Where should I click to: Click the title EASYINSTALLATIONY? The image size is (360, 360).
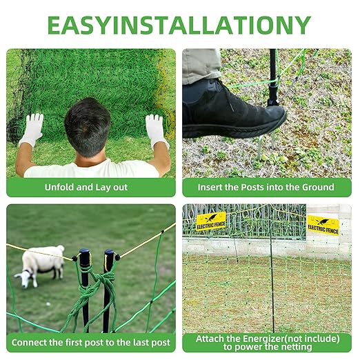179,25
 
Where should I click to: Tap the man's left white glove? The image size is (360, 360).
30,129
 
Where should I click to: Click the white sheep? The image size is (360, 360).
39,264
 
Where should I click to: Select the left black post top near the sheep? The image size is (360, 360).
84,258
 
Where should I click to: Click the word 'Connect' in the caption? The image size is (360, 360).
34,343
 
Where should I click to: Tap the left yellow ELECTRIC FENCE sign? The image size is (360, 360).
210,222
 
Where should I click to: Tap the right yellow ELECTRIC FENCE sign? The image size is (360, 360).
322,225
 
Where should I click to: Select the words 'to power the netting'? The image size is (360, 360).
267,348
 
